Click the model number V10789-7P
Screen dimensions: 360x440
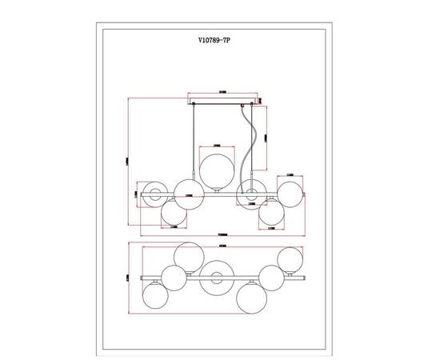point(219,38)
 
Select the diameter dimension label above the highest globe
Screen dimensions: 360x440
point(216,145)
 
